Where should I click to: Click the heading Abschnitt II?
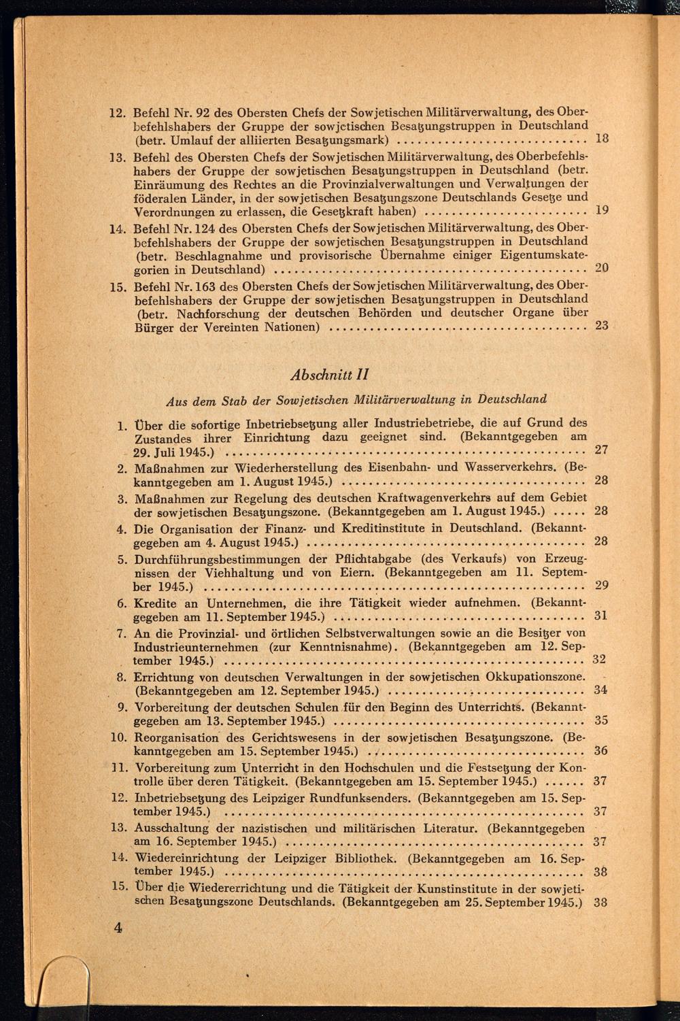point(330,375)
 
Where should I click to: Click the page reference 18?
point(601,139)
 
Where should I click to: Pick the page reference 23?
point(601,325)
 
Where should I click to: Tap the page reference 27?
point(601,450)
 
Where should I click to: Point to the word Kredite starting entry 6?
point(155,603)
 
